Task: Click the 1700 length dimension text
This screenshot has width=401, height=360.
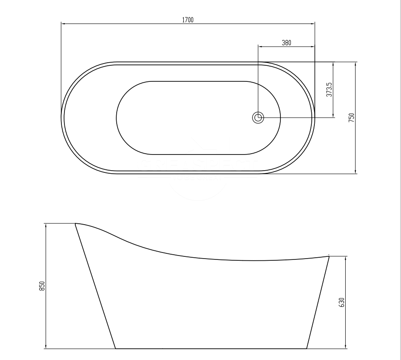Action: click(188, 20)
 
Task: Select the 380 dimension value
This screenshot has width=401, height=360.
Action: click(286, 43)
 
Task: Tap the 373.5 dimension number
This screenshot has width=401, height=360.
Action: click(330, 89)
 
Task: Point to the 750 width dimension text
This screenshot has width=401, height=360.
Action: click(351, 118)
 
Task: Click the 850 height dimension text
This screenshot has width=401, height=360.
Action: click(42, 286)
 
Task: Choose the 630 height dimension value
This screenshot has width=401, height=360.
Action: click(341, 302)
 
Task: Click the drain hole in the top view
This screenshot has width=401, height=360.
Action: click(258, 117)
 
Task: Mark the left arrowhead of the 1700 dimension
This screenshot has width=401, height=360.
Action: click(63, 24)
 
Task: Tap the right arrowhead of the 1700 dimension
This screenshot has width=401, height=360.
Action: click(313, 24)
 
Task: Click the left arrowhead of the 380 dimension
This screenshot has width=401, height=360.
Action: click(260, 46)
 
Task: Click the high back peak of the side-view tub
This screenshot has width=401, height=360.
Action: click(76, 224)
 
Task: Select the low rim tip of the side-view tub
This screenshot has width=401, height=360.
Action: click(329, 256)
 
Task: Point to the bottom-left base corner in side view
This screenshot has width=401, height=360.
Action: click(115, 348)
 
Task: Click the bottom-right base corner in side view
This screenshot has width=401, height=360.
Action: click(307, 348)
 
